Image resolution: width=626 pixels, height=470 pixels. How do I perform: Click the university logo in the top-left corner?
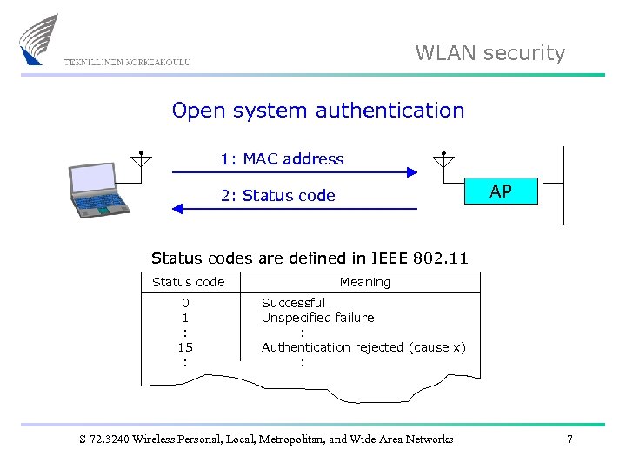point(39,40)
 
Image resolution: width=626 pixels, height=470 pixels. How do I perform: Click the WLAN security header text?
point(489,53)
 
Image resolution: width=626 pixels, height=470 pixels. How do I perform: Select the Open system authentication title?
point(318,111)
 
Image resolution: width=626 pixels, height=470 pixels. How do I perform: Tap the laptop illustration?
point(97,191)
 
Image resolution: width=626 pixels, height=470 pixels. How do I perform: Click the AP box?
point(500,191)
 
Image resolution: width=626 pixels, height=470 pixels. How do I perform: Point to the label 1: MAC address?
point(282,159)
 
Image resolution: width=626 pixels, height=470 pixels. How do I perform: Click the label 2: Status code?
point(277,196)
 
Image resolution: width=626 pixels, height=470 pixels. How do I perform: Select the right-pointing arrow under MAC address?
point(295,173)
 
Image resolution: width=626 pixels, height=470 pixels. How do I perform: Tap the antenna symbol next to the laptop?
point(141,158)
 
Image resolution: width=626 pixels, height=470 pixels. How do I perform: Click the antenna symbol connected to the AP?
point(443,158)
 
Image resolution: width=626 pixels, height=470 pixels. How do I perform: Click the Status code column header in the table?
point(188,282)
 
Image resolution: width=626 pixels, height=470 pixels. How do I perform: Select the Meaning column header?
point(364,282)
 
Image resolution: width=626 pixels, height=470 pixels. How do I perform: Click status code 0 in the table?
point(184,303)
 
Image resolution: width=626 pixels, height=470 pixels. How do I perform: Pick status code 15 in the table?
point(184,347)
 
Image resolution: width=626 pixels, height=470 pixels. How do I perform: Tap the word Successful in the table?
point(293,303)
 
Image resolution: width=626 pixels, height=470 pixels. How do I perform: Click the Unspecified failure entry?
point(317,318)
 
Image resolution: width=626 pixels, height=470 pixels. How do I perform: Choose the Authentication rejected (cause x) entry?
point(363,347)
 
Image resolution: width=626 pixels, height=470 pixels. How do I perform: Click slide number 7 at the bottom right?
point(569,440)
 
